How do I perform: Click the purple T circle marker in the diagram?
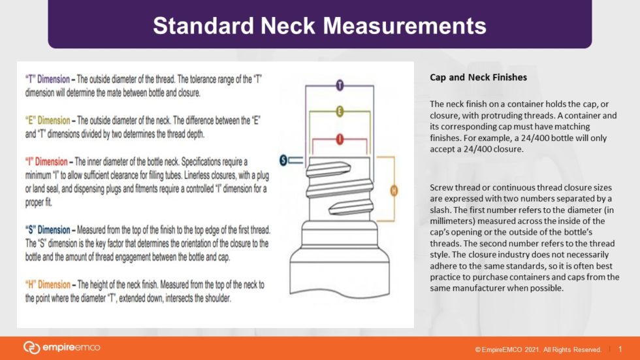[340, 86]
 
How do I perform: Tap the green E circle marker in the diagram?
[340, 111]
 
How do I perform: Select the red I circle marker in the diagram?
[340, 139]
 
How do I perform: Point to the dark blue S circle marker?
[283, 161]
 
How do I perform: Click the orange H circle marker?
[394, 191]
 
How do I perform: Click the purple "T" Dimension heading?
[47, 79]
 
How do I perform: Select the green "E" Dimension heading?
[48, 120]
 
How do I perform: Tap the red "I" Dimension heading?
[46, 161]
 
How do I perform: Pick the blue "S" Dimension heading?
[48, 230]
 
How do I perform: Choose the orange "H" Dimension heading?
[48, 284]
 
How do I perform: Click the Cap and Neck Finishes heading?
[478, 78]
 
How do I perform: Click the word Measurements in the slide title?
[404, 25]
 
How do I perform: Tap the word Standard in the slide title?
[203, 25]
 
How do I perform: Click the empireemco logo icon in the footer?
[31, 348]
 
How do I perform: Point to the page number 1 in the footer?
[620, 349]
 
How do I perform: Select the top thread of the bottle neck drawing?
[328, 169]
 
